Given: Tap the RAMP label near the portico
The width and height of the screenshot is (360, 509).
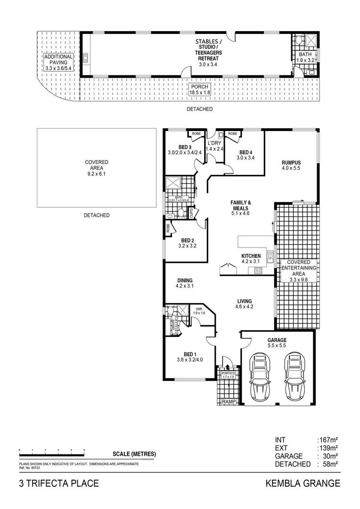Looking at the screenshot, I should coord(229,402).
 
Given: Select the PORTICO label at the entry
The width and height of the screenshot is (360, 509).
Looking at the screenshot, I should coord(228,373).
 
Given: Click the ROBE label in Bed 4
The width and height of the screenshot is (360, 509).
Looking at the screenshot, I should coord(233,134).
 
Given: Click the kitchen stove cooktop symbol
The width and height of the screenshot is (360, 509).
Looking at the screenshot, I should coord(258,271).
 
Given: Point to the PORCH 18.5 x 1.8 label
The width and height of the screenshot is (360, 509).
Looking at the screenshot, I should coord(200,90).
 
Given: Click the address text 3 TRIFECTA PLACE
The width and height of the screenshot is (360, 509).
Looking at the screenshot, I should coord(59,483).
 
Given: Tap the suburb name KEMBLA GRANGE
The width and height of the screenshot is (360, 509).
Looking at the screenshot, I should coord(303,483).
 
